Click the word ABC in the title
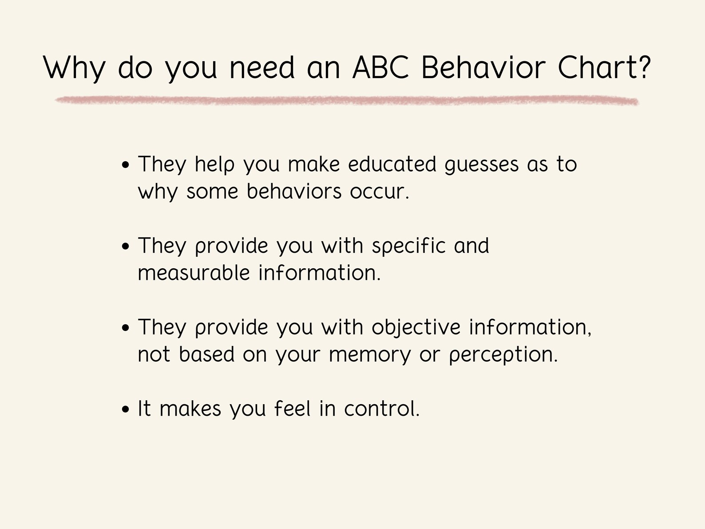tap(380, 68)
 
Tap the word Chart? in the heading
tap(604, 68)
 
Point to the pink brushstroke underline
tap(346, 101)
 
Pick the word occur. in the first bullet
tap(379, 192)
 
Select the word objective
tap(416, 328)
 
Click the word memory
tap(370, 355)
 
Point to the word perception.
tap(503, 355)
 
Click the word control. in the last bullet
tap(382, 409)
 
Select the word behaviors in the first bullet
tap(294, 191)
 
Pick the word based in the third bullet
tap(206, 354)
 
